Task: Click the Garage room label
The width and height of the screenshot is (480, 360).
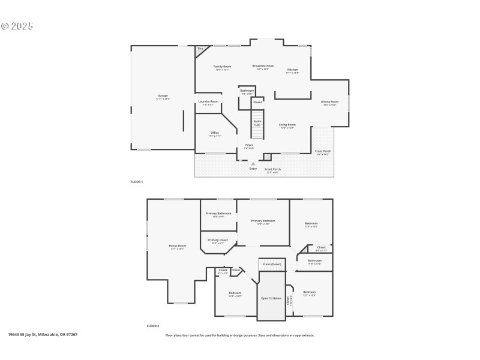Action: click(163, 96)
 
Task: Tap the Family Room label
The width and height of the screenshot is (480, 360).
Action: click(223, 67)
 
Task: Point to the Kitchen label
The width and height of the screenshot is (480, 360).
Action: click(292, 70)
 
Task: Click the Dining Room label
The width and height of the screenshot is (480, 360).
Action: click(330, 101)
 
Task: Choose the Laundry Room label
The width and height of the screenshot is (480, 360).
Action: click(208, 101)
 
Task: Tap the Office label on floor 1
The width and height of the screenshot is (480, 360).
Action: click(214, 133)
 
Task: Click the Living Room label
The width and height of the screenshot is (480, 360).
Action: click(287, 125)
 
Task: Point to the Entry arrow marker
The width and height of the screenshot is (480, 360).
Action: click(253, 163)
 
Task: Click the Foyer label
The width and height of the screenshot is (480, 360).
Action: click(249, 145)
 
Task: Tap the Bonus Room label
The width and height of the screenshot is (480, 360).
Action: click(177, 245)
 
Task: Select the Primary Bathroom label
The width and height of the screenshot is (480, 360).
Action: click(218, 214)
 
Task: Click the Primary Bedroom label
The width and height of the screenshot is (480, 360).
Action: click(263, 221)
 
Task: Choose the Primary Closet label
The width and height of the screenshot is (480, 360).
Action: click(217, 240)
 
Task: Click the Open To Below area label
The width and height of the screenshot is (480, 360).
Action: click(271, 298)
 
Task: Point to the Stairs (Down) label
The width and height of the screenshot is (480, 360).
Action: click(272, 264)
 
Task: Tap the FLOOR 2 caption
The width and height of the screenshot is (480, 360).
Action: click(153, 326)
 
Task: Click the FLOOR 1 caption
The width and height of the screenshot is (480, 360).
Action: click(137, 181)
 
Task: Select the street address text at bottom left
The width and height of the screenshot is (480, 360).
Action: click(43, 334)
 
